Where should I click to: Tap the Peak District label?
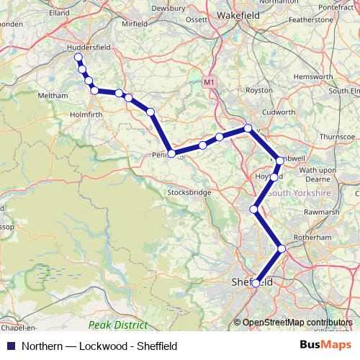(x=118, y=325)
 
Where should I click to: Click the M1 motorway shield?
(x=209, y=83)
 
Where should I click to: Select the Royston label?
(x=259, y=90)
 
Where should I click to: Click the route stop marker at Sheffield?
(x=256, y=284)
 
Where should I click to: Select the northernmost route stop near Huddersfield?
(x=78, y=57)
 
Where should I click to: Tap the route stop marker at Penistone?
(x=171, y=153)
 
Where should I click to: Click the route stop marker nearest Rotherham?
(x=282, y=248)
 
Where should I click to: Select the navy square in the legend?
(x=10, y=345)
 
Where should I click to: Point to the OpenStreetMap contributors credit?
(x=296, y=323)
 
